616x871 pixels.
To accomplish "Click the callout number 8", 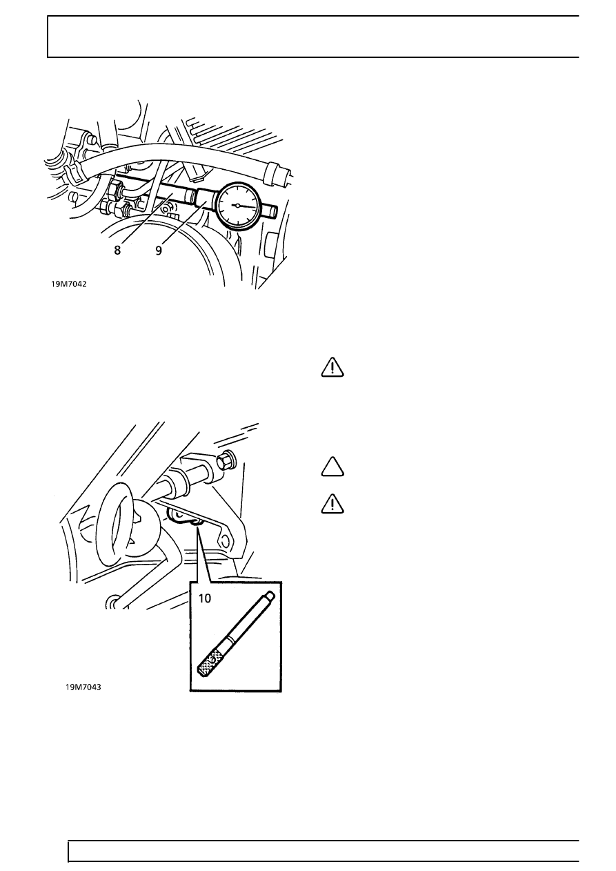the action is (x=117, y=251).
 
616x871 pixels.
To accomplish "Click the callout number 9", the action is (x=159, y=251).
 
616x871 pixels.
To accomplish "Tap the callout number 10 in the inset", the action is (x=205, y=598).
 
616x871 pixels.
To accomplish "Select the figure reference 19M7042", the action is (x=69, y=284).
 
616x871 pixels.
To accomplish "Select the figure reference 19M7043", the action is (x=83, y=687).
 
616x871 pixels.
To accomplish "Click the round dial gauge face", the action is (x=237, y=205).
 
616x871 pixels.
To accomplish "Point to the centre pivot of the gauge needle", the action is (x=237, y=205).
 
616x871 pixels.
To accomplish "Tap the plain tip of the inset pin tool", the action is (x=271, y=595).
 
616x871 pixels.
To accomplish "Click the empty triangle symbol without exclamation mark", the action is (x=332, y=467).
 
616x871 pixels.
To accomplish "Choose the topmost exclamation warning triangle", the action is (x=332, y=368).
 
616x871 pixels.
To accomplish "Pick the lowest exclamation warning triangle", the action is (x=332, y=505).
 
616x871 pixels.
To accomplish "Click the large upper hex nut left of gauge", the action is (x=115, y=190).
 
